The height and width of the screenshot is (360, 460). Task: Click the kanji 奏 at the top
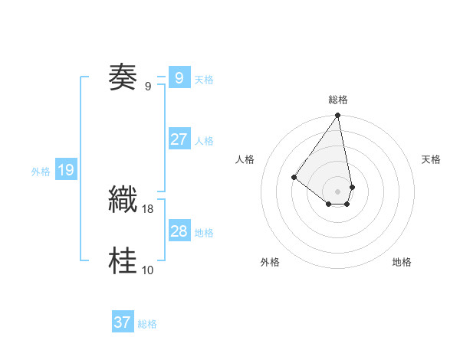click(123, 77)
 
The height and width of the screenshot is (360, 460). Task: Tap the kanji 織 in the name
click(123, 200)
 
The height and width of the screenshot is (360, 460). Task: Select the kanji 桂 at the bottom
click(123, 260)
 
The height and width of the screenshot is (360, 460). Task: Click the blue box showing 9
click(179, 78)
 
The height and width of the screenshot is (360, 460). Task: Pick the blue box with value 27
click(179, 139)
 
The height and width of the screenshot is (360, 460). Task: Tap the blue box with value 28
click(179, 231)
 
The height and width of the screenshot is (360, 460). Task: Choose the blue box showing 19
click(65, 170)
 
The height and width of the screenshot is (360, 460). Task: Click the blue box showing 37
click(123, 322)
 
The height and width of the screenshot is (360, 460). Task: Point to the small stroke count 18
click(148, 208)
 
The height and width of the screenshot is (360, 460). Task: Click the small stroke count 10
click(148, 270)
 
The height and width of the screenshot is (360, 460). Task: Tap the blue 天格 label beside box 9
click(204, 80)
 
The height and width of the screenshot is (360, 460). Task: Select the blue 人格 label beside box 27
click(204, 141)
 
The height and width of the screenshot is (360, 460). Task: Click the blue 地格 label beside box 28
click(204, 233)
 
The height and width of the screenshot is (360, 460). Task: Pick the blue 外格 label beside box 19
click(41, 172)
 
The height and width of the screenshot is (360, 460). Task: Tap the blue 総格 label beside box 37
click(147, 324)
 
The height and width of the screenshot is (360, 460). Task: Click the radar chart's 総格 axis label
click(338, 100)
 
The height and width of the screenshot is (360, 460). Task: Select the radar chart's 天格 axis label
click(432, 159)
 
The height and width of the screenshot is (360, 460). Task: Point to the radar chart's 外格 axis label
click(270, 262)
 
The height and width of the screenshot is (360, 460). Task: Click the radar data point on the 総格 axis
click(338, 116)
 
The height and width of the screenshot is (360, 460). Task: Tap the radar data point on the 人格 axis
click(294, 177)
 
